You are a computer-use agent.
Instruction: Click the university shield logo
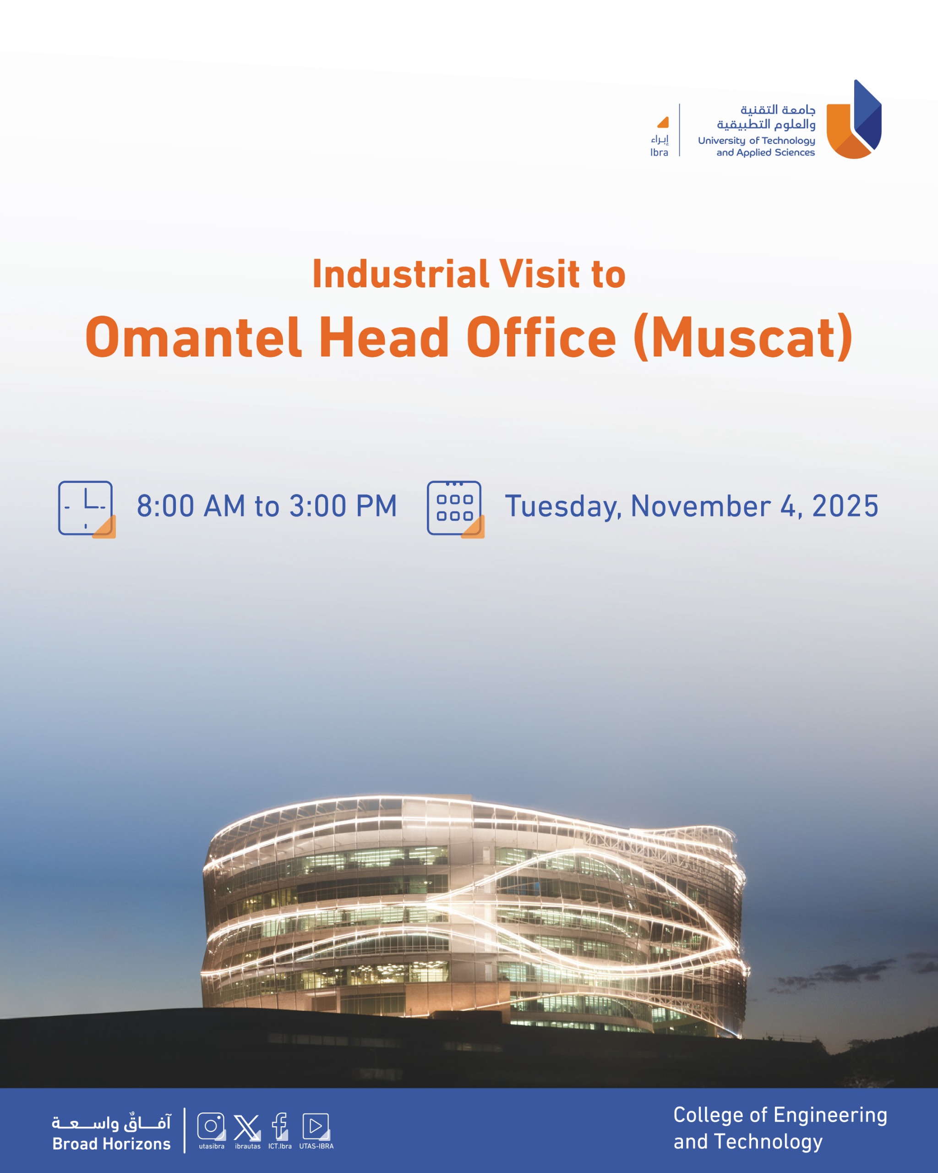(854, 119)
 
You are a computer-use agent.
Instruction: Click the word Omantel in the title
(193, 337)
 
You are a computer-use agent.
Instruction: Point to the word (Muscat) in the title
(743, 337)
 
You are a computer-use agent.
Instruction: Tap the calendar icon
(455, 509)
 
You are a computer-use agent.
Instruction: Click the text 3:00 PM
(343, 506)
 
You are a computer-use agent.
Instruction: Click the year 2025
(845, 506)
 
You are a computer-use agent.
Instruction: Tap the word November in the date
(700, 506)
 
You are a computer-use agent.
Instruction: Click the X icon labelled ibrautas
(247, 1126)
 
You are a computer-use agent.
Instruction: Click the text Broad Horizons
(111, 1144)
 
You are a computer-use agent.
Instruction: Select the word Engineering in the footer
(830, 1116)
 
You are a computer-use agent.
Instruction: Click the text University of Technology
(756, 140)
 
